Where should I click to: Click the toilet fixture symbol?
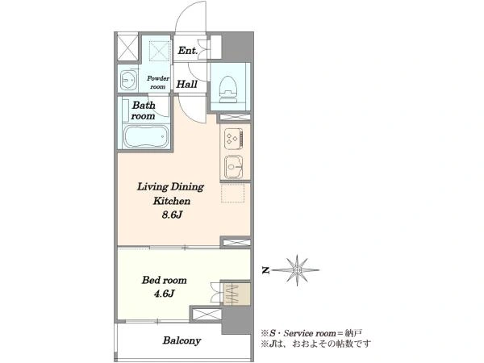[x=229, y=89]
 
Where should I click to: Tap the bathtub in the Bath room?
[x=146, y=137]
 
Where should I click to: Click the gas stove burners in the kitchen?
[x=234, y=138]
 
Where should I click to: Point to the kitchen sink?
[x=234, y=167]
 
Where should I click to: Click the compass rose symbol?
[x=296, y=270]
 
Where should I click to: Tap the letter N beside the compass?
[x=265, y=271]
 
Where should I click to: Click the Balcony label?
[x=181, y=340]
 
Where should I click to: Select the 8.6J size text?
[x=173, y=215]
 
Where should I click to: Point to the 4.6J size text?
[x=165, y=294]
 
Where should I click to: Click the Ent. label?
[x=188, y=50]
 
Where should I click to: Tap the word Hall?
[x=187, y=84]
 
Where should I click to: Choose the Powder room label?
[x=158, y=82]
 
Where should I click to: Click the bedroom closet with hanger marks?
[x=236, y=294]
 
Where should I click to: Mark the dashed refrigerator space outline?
[x=233, y=194]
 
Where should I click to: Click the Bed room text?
[x=165, y=280]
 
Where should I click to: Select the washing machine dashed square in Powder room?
[x=160, y=50]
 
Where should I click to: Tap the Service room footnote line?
[x=311, y=333]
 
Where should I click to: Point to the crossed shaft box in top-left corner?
[x=127, y=48]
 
